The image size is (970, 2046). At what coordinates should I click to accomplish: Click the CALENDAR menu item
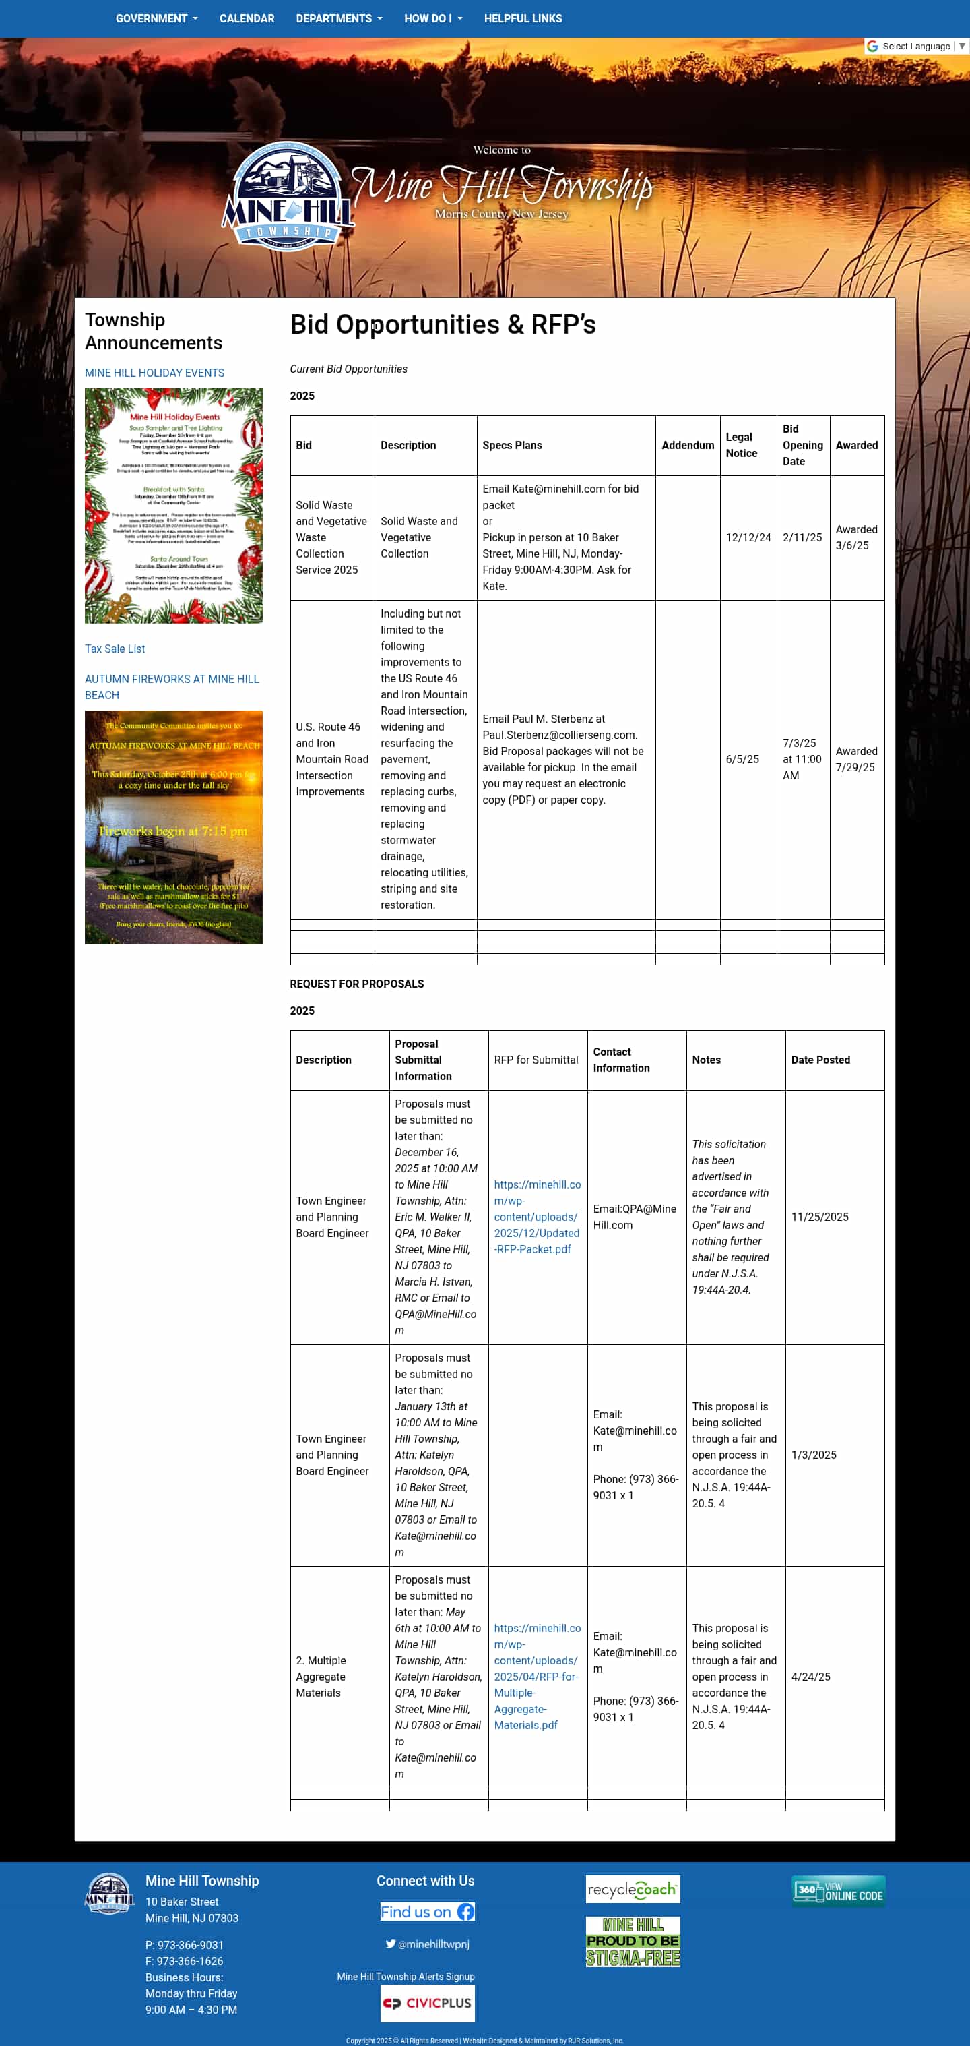click(247, 18)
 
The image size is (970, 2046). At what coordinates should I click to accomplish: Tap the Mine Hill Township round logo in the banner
click(288, 195)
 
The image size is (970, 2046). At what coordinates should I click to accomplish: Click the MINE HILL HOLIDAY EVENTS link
click(155, 373)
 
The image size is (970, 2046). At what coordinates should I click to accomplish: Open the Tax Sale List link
click(115, 649)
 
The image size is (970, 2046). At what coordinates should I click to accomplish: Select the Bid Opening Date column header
click(802, 446)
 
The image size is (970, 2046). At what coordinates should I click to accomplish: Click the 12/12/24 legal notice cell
click(748, 538)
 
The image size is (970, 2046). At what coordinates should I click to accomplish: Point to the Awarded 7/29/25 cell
click(855, 759)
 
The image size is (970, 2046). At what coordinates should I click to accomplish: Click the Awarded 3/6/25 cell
click(855, 538)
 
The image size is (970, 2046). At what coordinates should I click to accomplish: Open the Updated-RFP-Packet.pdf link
click(537, 1217)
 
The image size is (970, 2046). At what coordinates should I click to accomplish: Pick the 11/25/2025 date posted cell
click(819, 1217)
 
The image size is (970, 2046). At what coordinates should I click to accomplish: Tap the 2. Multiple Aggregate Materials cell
click(321, 1677)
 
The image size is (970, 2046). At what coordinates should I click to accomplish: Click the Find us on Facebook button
click(427, 1912)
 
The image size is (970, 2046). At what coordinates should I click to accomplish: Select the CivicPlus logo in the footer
click(427, 2003)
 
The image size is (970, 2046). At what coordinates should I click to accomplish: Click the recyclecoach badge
click(633, 1890)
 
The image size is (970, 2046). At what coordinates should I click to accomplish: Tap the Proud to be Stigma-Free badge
click(633, 1941)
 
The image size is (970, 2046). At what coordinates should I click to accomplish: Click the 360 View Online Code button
click(837, 1891)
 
